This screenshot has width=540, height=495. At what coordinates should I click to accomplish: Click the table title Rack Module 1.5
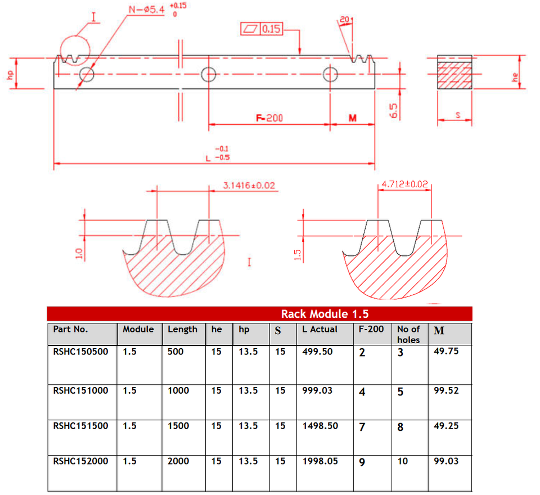[x=325, y=314]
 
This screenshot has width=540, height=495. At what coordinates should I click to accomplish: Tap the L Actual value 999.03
[x=317, y=390]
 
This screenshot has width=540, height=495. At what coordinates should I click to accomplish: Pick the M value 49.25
[x=446, y=426]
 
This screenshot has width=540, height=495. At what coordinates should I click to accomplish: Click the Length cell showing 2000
[x=179, y=461]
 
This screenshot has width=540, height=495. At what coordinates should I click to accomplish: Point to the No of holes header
[x=408, y=334]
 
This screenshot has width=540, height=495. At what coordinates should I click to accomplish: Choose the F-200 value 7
[x=362, y=427]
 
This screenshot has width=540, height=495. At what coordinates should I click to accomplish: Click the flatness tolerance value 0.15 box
[x=271, y=29]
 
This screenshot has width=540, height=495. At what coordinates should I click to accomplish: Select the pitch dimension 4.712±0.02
[x=405, y=184]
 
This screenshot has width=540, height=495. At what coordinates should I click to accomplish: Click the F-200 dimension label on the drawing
[x=269, y=118]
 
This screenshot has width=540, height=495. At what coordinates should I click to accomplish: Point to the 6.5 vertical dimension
[x=394, y=110]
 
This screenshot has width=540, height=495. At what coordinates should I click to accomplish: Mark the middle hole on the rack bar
[x=209, y=74]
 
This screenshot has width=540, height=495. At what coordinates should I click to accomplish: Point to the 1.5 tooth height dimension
[x=298, y=255]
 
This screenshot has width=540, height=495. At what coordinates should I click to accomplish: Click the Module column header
[x=138, y=330]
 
